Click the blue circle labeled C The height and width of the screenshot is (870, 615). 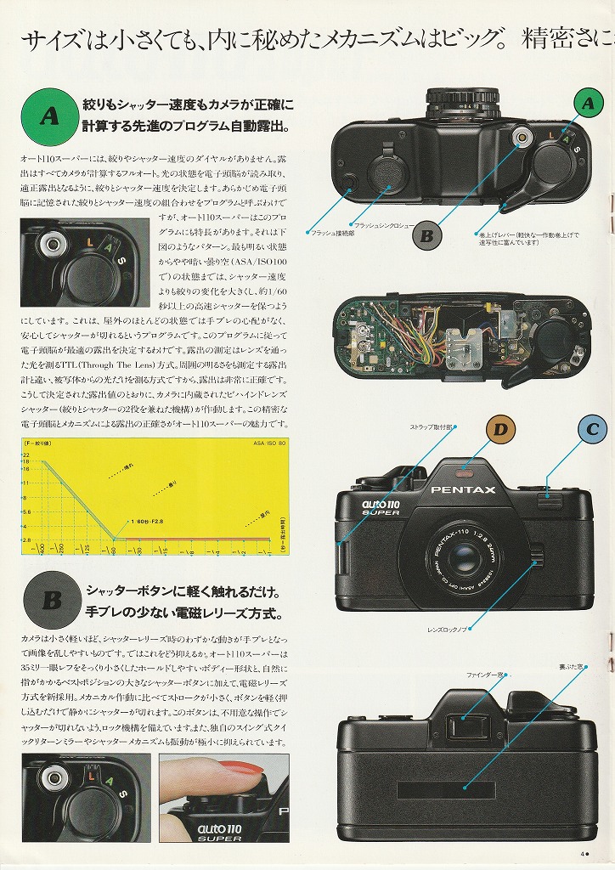point(592,430)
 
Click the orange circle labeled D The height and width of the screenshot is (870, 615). point(500,430)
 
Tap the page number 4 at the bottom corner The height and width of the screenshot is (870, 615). point(583,855)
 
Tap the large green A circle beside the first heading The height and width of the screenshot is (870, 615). point(49,117)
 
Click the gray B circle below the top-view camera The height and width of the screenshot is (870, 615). point(426,235)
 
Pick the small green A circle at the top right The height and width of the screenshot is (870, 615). point(586,104)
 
